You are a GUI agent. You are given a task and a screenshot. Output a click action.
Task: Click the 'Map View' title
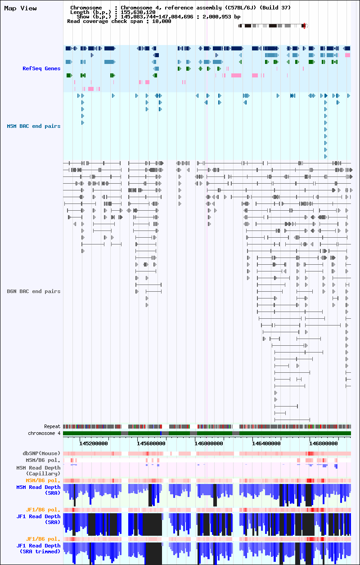20,8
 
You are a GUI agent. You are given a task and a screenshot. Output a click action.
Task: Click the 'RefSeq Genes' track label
41,68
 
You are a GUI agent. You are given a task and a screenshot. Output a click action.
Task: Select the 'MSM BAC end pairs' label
34,126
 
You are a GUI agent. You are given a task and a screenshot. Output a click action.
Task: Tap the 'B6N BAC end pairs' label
34,291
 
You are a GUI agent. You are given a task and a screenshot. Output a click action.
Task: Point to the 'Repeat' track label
52,426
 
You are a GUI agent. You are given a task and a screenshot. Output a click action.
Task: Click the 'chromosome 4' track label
44,434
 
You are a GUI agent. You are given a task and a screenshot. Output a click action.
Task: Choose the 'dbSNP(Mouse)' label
41,453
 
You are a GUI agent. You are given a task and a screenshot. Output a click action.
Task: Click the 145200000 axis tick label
93,443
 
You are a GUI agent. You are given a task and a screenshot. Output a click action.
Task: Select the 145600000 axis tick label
151,443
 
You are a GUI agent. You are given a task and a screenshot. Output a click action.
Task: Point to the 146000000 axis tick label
208,443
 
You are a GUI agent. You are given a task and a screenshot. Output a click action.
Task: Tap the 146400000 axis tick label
266,443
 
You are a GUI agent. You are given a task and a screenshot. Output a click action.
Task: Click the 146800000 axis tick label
324,443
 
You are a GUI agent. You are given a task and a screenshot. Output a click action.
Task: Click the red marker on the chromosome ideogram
304,26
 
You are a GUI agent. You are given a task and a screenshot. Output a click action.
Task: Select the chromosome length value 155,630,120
138,12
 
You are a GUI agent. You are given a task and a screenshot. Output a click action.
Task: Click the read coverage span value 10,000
162,22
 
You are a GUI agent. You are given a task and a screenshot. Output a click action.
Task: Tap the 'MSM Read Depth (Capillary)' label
38,470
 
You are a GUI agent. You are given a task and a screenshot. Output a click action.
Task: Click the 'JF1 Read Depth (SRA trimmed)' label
38,549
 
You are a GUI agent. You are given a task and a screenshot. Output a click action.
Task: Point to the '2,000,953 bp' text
221,17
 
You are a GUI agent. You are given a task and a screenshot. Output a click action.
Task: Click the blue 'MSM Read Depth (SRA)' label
38,490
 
